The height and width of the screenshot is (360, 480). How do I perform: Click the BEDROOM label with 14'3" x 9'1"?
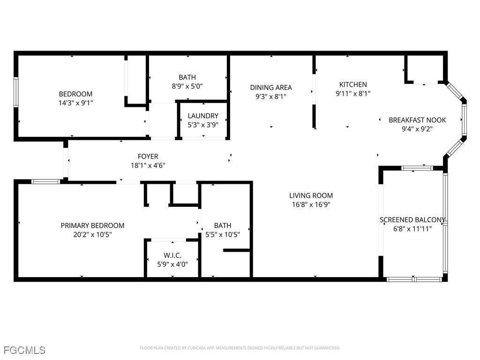(75, 94)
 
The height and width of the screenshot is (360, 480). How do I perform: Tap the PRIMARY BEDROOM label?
(92, 225)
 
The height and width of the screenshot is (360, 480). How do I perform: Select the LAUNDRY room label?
(203, 116)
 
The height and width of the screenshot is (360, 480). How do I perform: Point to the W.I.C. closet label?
(172, 255)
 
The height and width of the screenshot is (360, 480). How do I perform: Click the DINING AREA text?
(270, 87)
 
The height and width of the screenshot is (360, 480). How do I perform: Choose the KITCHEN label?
(353, 84)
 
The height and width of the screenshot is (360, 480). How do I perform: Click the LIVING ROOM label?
(311, 195)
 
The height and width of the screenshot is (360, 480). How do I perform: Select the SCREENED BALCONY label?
(412, 220)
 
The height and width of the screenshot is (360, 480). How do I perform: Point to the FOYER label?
(148, 157)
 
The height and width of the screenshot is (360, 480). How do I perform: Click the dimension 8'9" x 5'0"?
(187, 86)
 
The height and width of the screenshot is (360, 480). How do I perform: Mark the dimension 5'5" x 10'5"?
(223, 234)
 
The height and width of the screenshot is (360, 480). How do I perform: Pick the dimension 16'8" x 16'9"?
(311, 204)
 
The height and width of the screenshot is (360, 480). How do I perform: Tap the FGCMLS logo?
(24, 350)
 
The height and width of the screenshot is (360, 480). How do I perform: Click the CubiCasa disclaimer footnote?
(240, 348)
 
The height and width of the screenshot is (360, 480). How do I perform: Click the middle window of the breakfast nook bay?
(464, 120)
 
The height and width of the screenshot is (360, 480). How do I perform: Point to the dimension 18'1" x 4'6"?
(148, 165)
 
